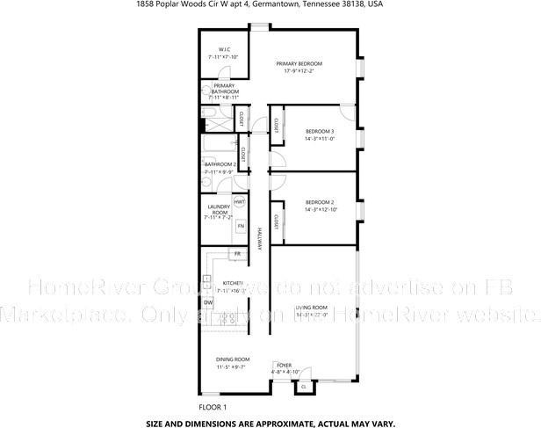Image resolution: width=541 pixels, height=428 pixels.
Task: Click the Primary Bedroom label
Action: pyautogui.click(x=299, y=63)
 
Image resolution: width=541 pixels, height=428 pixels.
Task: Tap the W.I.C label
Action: pyautogui.click(x=213, y=49)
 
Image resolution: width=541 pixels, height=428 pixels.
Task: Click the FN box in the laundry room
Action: pyautogui.click(x=240, y=226)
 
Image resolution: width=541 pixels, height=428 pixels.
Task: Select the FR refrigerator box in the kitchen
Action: pyautogui.click(x=234, y=254)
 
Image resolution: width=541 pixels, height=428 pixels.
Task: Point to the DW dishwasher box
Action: pyautogui.click(x=208, y=303)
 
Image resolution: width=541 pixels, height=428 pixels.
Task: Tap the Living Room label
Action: pyautogui.click(x=311, y=307)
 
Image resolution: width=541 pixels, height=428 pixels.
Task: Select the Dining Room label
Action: pyautogui.click(x=233, y=359)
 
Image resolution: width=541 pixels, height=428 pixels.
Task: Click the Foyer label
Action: pyautogui.click(x=284, y=364)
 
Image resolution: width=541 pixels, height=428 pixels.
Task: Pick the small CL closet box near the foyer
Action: pyautogui.click(x=303, y=386)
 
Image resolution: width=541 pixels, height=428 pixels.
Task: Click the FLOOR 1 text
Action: pyautogui.click(x=213, y=407)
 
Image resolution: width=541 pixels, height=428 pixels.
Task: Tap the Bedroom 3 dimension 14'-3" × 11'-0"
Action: pyautogui.click(x=320, y=139)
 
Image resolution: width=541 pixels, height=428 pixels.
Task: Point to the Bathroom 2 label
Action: pyautogui.click(x=220, y=164)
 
